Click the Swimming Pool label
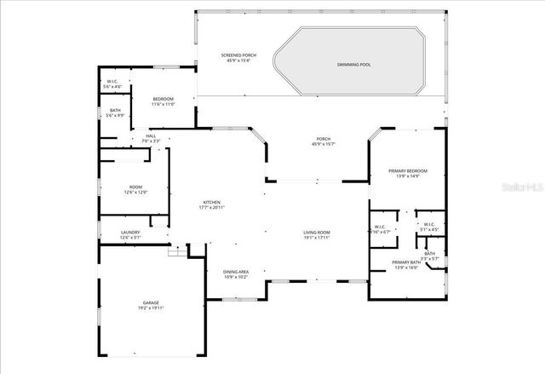point(353,65)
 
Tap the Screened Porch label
point(238,56)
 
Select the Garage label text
point(151,302)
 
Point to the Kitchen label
point(212,202)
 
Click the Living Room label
point(317,233)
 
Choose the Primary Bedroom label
point(408,171)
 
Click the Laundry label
point(130,233)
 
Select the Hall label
point(151,135)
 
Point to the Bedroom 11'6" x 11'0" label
point(163,101)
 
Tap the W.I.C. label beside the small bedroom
point(112,82)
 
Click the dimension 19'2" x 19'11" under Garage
point(151,308)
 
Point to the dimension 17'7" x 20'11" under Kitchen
point(212,207)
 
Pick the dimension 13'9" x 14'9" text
point(408,176)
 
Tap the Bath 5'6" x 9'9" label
point(114,112)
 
